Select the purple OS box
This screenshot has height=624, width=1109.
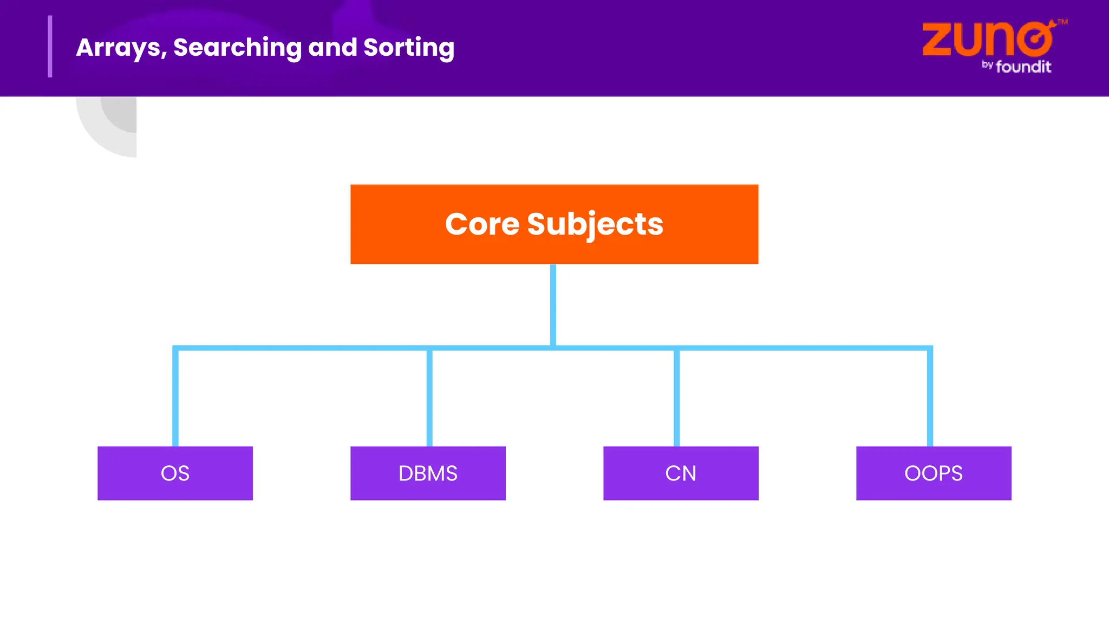click(x=175, y=473)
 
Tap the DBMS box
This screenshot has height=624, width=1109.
click(x=428, y=473)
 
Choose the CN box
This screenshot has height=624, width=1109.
click(x=681, y=473)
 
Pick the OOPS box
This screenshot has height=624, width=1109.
click(x=934, y=473)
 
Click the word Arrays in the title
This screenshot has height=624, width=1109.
click(x=121, y=48)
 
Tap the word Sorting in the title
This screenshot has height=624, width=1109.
click(x=409, y=48)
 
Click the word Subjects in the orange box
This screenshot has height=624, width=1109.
click(x=595, y=224)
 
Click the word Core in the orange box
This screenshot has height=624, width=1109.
click(x=481, y=224)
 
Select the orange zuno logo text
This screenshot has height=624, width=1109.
click(x=987, y=40)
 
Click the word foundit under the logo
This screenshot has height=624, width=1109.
click(x=1023, y=67)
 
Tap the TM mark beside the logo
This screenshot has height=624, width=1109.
click(x=1062, y=22)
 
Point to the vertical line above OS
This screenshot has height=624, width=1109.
click(x=175, y=398)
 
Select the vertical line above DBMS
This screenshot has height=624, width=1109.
click(x=429, y=398)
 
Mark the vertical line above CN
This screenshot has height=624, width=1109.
click(x=676, y=398)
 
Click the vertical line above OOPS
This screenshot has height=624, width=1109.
click(x=930, y=398)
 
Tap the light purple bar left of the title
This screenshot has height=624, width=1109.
click(x=50, y=47)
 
